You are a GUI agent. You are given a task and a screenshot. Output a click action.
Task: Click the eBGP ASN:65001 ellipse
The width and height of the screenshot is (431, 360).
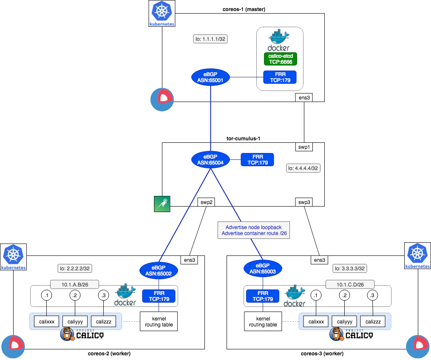pyautogui.click(x=210, y=77)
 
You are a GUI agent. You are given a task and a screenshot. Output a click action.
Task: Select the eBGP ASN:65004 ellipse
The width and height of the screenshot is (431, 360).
pyautogui.click(x=210, y=160)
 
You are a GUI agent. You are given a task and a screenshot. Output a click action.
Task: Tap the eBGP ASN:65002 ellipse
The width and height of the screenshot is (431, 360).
pyautogui.click(x=159, y=271)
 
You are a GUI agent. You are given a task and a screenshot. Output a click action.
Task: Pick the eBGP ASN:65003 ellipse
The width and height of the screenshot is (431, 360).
pyautogui.click(x=263, y=269)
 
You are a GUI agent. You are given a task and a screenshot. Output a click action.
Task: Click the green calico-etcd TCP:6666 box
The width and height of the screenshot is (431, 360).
pyautogui.click(x=281, y=59)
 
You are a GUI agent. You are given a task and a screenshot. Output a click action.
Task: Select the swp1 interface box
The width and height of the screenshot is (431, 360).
pyautogui.click(x=304, y=147)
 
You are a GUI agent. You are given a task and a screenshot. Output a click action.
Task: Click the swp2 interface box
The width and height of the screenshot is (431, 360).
pyautogui.click(x=207, y=202)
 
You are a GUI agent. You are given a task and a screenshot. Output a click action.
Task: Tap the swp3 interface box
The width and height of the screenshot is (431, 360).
pyautogui.click(x=304, y=202)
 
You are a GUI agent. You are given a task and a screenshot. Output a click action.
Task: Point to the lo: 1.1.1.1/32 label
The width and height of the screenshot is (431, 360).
pyautogui.click(x=210, y=39)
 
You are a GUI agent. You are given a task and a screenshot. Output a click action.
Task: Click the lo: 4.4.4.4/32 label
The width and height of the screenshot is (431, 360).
pyautogui.click(x=303, y=168)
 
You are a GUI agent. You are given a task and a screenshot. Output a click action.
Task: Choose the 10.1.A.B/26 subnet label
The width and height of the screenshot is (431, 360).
pyautogui.click(x=74, y=284)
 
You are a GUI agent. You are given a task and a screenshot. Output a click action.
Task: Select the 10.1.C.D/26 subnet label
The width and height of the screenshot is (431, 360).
pyautogui.click(x=350, y=284)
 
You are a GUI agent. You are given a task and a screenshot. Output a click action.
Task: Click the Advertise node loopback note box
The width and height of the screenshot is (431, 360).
pyautogui.click(x=254, y=230)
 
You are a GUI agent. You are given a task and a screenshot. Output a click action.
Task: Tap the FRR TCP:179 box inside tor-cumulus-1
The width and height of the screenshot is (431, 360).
pyautogui.click(x=257, y=160)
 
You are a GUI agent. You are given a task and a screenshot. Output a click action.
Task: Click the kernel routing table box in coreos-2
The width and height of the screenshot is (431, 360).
pyautogui.click(x=159, y=321)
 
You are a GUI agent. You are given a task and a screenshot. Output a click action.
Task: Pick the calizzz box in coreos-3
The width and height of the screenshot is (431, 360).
pyautogui.click(x=373, y=321)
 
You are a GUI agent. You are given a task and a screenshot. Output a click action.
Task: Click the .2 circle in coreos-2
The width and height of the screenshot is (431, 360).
pyautogui.click(x=75, y=295)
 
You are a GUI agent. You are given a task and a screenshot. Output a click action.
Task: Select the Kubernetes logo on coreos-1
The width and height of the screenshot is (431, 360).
pyautogui.click(x=162, y=13)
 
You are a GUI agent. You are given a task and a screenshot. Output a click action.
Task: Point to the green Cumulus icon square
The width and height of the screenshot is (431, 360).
pyautogui.click(x=162, y=204)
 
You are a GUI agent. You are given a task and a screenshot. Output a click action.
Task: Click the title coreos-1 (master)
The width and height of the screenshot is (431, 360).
pyautogui.click(x=244, y=9)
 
